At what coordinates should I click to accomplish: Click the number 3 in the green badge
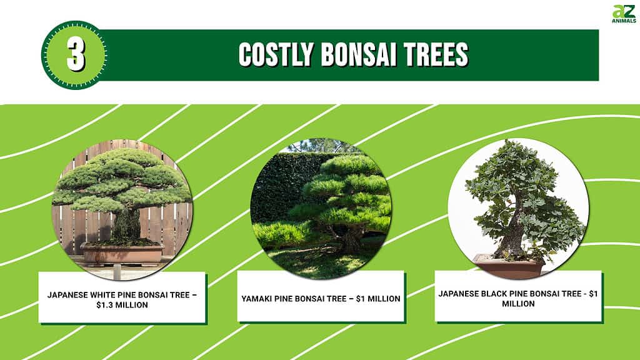click(76, 55)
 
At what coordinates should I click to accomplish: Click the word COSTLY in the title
click(276, 55)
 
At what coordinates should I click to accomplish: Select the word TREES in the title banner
click(436, 55)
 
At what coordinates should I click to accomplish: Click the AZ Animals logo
click(624, 14)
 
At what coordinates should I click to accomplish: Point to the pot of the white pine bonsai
click(122, 254)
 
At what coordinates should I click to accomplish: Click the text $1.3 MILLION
click(122, 305)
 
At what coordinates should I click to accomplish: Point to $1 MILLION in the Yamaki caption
click(378, 299)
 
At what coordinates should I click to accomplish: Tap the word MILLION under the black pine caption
click(518, 304)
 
